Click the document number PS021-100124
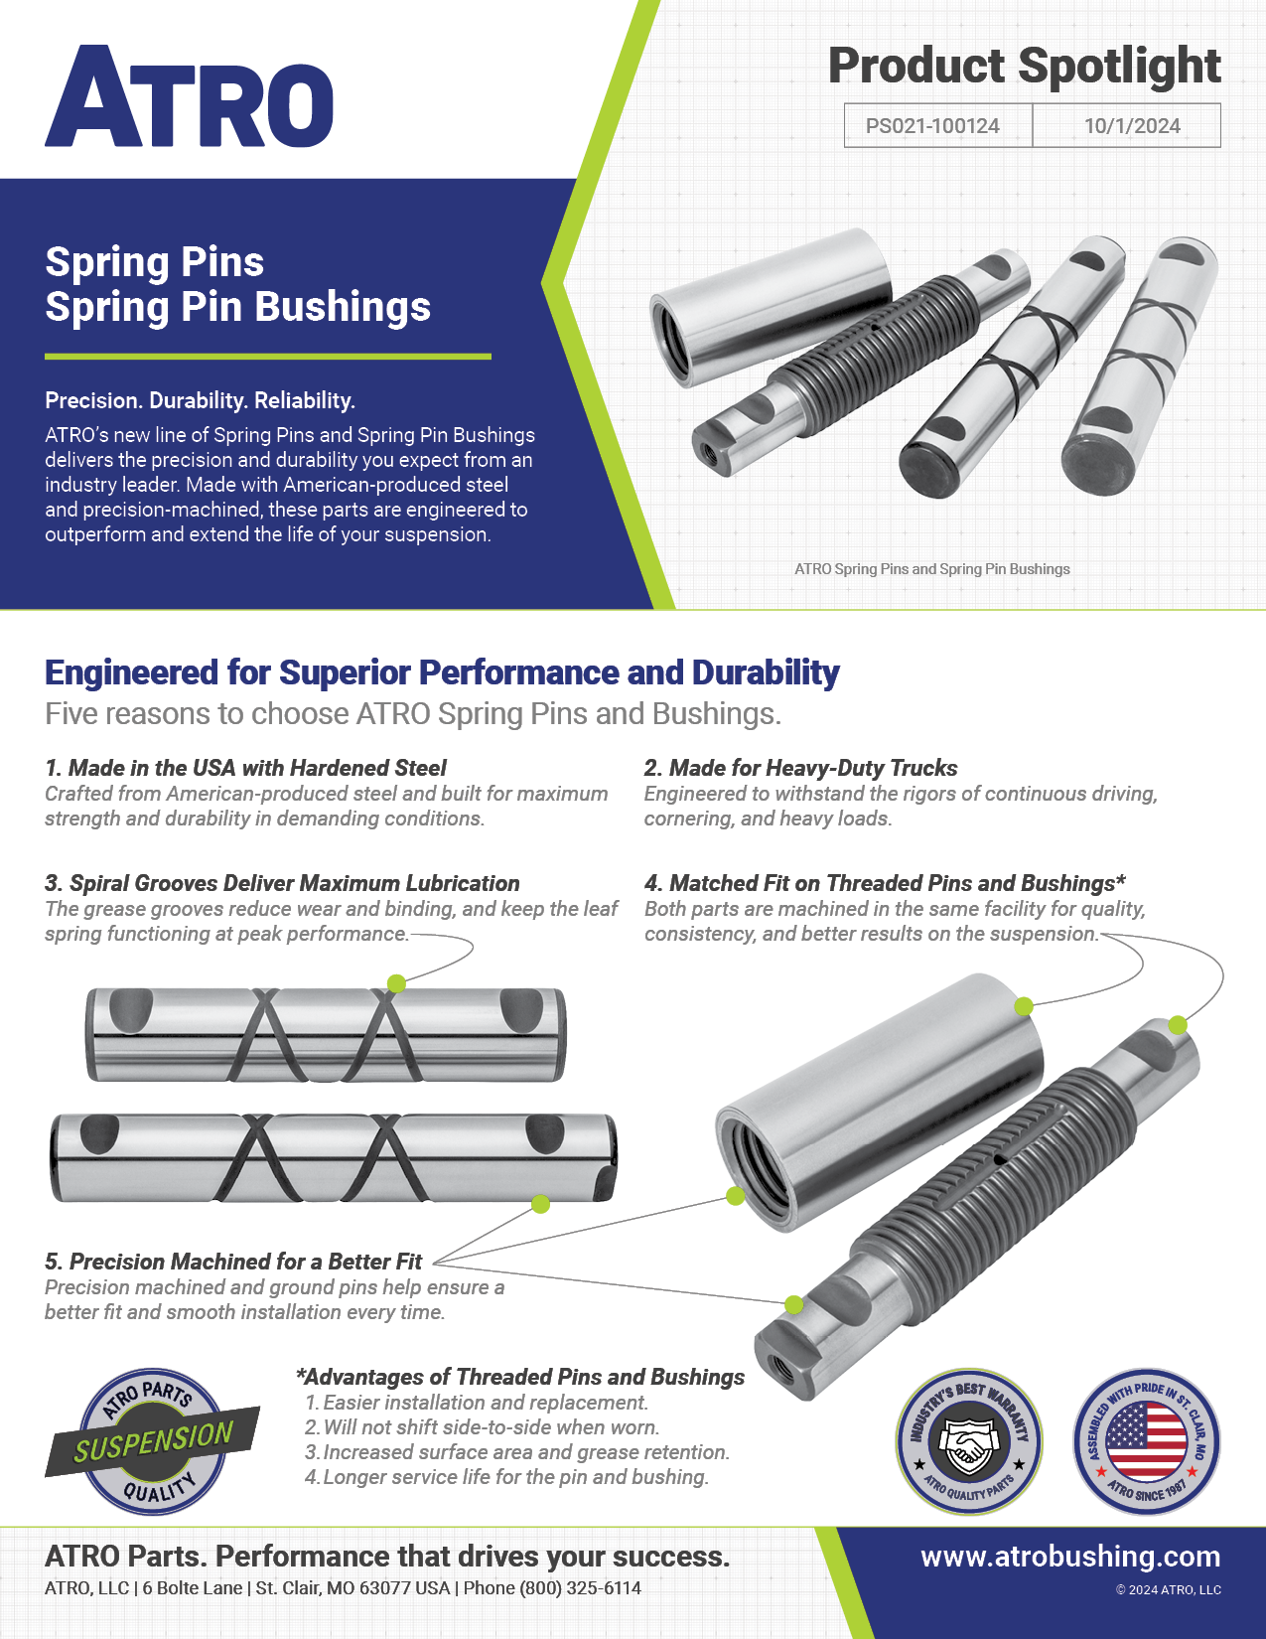932,126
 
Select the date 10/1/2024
1131,126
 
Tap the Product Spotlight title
1024,67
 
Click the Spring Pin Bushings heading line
238,307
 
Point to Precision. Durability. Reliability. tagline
200,400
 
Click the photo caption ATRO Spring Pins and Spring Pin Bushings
931,569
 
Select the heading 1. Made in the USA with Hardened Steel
245,768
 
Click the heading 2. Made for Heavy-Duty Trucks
800,768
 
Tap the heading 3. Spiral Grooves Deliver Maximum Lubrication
282,883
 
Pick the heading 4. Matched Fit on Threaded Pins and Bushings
884,883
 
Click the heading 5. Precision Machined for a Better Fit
233,1262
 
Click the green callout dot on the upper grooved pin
396,983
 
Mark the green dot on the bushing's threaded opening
735,1196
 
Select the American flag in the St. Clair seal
1146,1440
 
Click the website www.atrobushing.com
1070,1557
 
